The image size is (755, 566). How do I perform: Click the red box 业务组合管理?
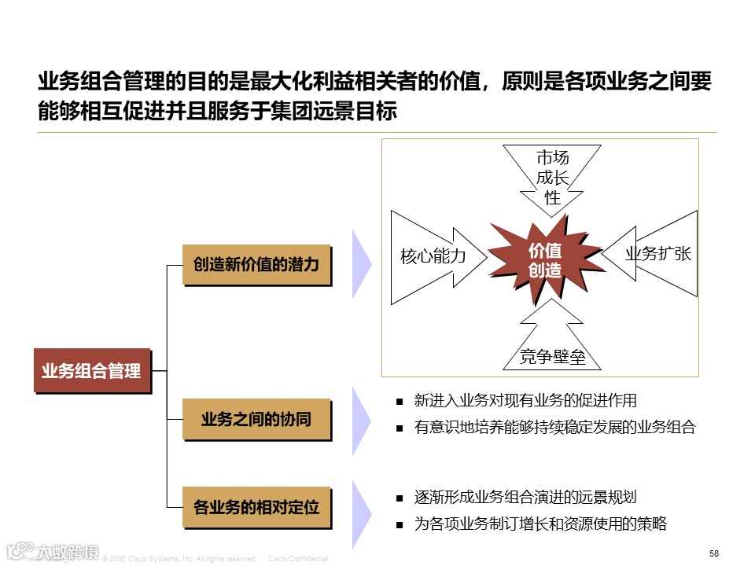point(91,369)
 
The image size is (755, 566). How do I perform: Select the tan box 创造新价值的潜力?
point(256,265)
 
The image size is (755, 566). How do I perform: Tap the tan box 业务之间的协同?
point(256,419)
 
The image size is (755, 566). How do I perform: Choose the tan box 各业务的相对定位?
point(256,506)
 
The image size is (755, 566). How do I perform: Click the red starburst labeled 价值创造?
point(544,260)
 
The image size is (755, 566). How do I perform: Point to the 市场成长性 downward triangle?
point(553,178)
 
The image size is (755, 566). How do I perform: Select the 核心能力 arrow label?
point(433,256)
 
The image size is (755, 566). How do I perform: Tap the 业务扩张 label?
point(657,253)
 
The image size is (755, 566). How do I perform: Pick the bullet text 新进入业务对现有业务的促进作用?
point(525,401)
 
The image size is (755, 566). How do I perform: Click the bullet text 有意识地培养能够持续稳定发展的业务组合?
point(555,428)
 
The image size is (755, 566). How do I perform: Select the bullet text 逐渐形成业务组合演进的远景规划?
point(525,497)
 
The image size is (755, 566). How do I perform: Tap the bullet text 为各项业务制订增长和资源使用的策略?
point(540,524)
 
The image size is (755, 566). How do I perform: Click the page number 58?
point(713,553)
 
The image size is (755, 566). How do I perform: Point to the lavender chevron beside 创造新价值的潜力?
point(361,264)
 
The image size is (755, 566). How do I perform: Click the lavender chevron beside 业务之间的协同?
point(361,418)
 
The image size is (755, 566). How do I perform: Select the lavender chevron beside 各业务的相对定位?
point(361,514)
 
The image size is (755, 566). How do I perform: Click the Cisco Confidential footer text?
point(298,559)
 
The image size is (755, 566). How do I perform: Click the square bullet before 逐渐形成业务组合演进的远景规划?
point(400,498)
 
